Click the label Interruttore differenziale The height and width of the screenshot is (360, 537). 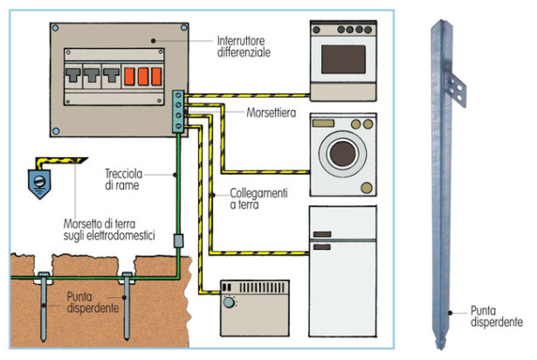(x=245, y=46)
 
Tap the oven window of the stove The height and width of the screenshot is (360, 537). (x=343, y=60)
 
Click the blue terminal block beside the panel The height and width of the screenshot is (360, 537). (x=180, y=111)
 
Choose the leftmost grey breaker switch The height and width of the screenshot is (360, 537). (x=74, y=79)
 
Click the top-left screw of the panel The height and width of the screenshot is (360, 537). (x=55, y=28)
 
